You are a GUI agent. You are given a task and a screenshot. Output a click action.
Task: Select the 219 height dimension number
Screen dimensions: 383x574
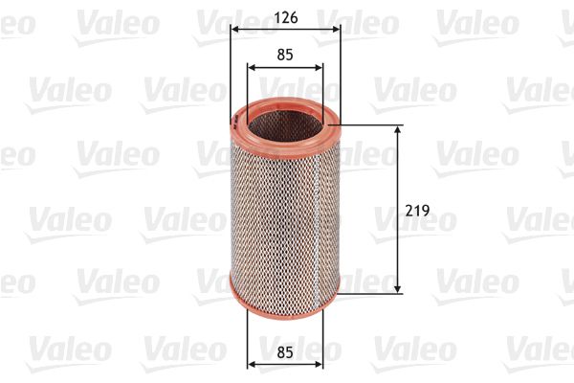click(x=416, y=209)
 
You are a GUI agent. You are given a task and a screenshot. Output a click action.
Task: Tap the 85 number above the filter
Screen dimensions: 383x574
click(x=284, y=55)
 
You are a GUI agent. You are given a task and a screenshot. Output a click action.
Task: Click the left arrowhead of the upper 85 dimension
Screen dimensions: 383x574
click(x=252, y=68)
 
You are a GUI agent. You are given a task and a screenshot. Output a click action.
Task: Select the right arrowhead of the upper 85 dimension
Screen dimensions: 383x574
click(x=320, y=68)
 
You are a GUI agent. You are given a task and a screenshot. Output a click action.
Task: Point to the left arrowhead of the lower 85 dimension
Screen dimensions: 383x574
click(x=252, y=363)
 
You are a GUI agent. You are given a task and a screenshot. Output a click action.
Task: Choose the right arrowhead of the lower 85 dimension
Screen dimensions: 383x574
click(x=320, y=363)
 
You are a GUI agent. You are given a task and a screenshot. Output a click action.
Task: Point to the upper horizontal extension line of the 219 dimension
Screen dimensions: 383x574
click(x=373, y=124)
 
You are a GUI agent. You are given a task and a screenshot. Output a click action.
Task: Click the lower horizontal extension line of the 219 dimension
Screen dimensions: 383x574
click(x=373, y=293)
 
